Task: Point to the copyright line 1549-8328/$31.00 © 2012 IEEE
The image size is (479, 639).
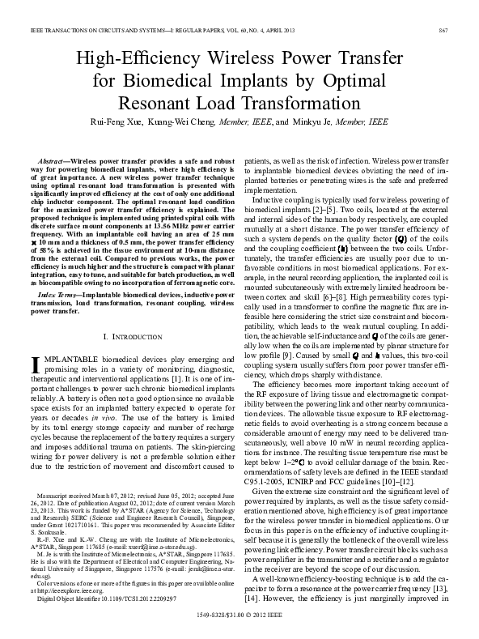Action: pyautogui.click(x=239, y=616)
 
